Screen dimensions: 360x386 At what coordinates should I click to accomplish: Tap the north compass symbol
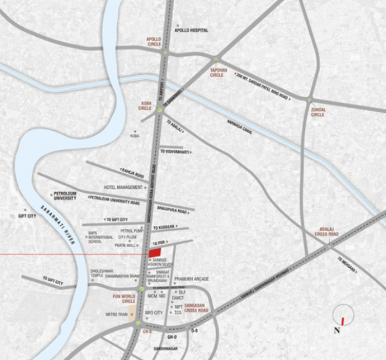(344, 317)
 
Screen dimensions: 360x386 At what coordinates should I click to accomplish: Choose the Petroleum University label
(65, 196)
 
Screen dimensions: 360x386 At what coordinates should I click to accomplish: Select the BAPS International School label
(100, 238)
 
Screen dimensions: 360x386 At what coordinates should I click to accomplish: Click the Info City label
(153, 313)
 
